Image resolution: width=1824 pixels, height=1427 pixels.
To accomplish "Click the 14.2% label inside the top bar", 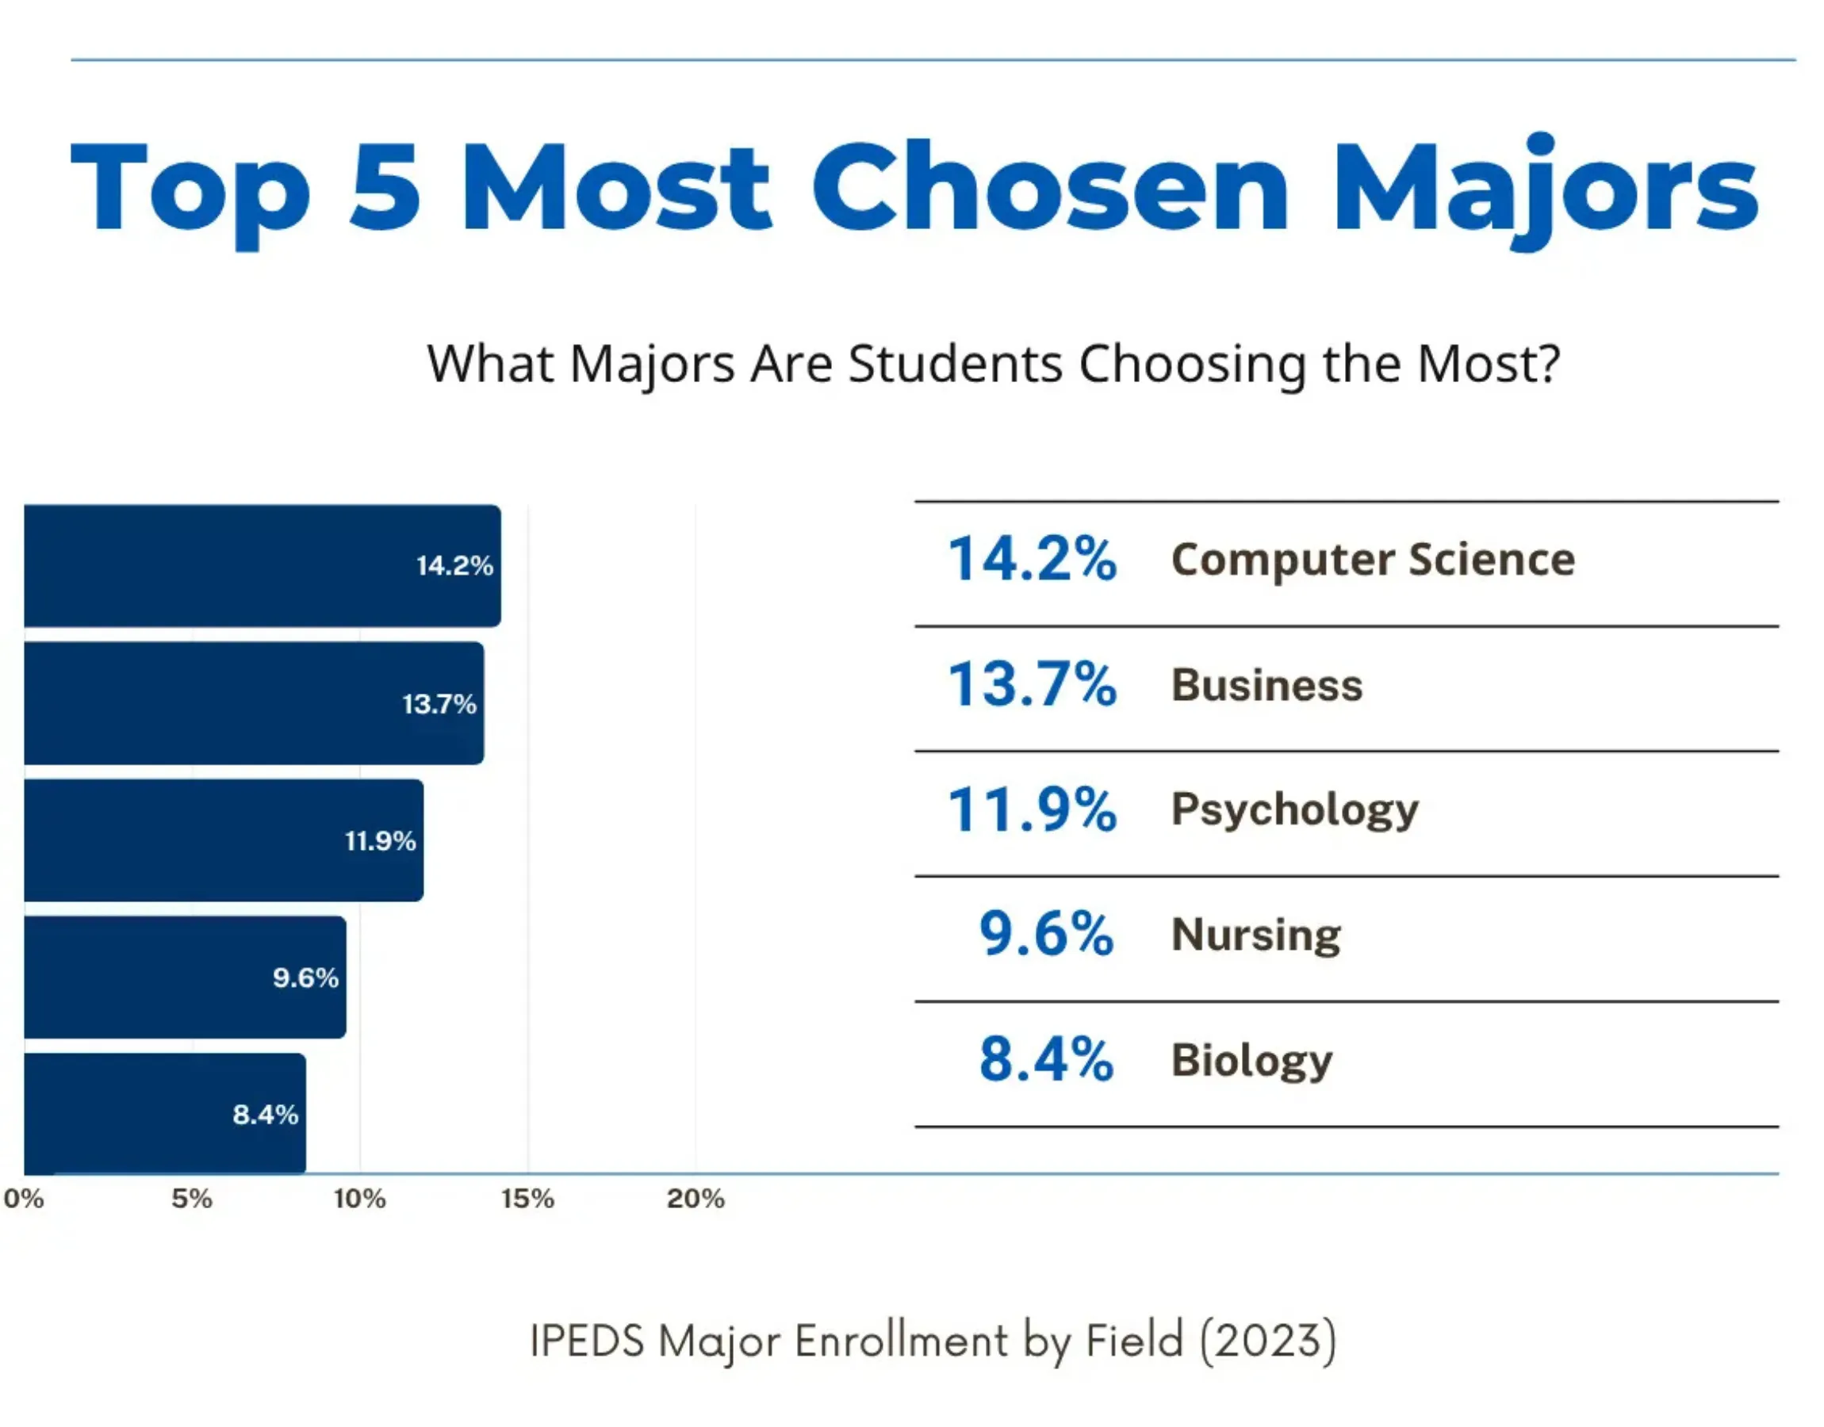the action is click(x=454, y=565).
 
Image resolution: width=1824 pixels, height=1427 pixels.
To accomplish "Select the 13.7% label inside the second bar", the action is click(x=439, y=703).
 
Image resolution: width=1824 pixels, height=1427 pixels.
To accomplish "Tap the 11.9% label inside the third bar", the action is click(x=380, y=840).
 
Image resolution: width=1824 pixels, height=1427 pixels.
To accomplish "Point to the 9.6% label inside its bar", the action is click(x=306, y=977).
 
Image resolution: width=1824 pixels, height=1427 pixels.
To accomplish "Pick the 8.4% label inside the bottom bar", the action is click(x=266, y=1115).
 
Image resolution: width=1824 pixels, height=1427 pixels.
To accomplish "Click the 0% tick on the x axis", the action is click(x=24, y=1199).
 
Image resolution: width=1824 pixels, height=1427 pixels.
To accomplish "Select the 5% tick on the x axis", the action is click(x=192, y=1199).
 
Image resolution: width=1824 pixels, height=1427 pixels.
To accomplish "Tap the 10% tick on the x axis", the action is click(x=360, y=1199).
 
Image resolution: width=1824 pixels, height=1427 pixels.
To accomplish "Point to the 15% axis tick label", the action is click(x=527, y=1199).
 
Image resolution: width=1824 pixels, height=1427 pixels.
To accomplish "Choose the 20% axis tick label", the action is click(x=695, y=1199).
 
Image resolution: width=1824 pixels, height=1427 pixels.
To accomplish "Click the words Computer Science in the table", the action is click(x=1373, y=560).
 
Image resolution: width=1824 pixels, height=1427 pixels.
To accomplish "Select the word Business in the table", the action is click(x=1266, y=685).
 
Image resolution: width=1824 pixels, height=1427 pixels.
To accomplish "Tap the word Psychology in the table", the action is click(x=1294, y=809).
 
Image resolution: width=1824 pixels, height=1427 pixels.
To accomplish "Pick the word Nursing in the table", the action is click(x=1256, y=934).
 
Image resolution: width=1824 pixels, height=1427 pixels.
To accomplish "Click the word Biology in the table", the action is click(x=1251, y=1060).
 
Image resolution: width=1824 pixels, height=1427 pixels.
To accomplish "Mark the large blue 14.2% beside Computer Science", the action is click(x=1032, y=559).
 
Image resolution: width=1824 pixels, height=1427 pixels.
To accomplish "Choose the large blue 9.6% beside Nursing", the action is click(x=1046, y=933).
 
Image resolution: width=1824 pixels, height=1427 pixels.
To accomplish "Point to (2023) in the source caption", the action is click(x=1267, y=1340).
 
